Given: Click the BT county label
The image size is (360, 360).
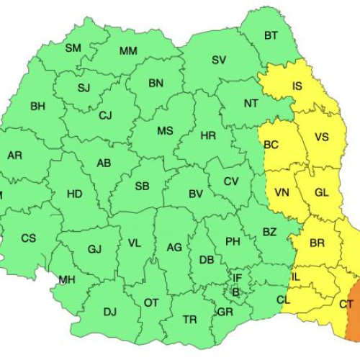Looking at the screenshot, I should [x=271, y=35].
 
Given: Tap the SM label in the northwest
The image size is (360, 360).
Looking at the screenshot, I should [x=73, y=48].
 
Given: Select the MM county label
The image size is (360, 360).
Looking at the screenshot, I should [x=128, y=50].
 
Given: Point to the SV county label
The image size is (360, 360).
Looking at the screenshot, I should [x=219, y=60].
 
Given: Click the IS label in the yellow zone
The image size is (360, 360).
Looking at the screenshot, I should [x=297, y=87].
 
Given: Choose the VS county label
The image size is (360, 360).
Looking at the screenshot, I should [x=321, y=138].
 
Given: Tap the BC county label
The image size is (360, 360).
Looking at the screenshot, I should [x=271, y=145].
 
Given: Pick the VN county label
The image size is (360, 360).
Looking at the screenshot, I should [x=282, y=193].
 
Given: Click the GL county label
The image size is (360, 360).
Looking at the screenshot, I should [x=321, y=192].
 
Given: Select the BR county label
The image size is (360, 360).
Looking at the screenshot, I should [x=317, y=243].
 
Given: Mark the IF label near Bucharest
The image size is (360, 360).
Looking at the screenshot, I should [x=237, y=277].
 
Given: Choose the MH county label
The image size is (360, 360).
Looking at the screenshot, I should [x=67, y=280].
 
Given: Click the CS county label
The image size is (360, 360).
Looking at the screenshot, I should [x=28, y=238].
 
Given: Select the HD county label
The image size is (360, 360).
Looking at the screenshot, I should [x=74, y=194].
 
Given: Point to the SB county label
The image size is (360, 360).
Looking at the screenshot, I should [x=142, y=186].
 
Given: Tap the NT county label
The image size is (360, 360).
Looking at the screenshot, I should [x=251, y=104].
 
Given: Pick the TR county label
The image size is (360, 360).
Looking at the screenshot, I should [x=189, y=319].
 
